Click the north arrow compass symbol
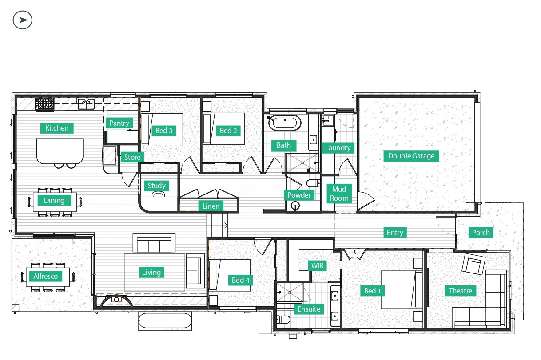tap(23, 20)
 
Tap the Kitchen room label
tap(57, 128)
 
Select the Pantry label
tap(119, 123)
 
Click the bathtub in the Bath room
tap(285, 123)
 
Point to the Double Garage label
tap(411, 156)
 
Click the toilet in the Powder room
tap(313, 183)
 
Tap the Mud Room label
tap(339, 194)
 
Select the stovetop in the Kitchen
tap(45, 104)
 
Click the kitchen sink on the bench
tap(86, 104)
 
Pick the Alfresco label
tap(46, 276)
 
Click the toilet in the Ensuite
tap(283, 320)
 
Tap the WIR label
tap(317, 265)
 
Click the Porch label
tap(481, 233)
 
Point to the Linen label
tap(211, 206)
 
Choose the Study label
tap(156, 186)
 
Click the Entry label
tap(395, 233)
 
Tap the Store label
tap(132, 158)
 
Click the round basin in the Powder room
tap(295, 206)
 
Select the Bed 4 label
tap(240, 281)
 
